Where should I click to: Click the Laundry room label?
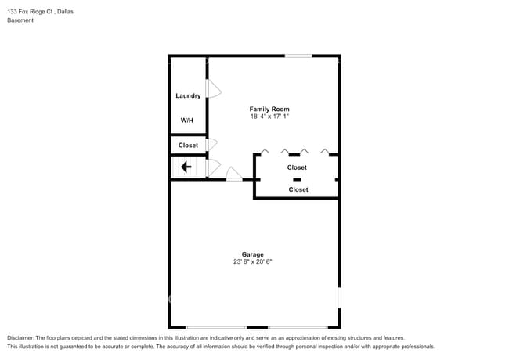pyautogui.click(x=188, y=96)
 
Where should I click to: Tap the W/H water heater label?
pyautogui.click(x=187, y=121)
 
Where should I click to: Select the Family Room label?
pyautogui.click(x=269, y=109)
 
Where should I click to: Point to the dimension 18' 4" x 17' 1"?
pyautogui.click(x=269, y=117)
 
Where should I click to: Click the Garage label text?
pyautogui.click(x=252, y=254)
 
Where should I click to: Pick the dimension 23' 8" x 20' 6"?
pyautogui.click(x=252, y=262)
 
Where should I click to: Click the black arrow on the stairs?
pyautogui.click(x=186, y=167)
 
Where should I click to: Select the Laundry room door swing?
pyautogui.click(x=212, y=88)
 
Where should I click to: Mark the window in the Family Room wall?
pyautogui.click(x=298, y=56)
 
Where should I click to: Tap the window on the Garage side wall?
pyautogui.click(x=339, y=297)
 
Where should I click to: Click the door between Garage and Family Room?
pyautogui.click(x=233, y=175)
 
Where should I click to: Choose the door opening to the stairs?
pyautogui.click(x=213, y=166)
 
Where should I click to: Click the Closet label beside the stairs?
pyautogui.click(x=188, y=146)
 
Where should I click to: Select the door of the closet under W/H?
pyautogui.click(x=211, y=144)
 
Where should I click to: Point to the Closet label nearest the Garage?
pyautogui.click(x=298, y=189)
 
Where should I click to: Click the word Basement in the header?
pyautogui.click(x=20, y=20)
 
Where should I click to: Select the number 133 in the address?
pyautogui.click(x=13, y=12)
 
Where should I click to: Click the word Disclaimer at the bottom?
pyautogui.click(x=21, y=337)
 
